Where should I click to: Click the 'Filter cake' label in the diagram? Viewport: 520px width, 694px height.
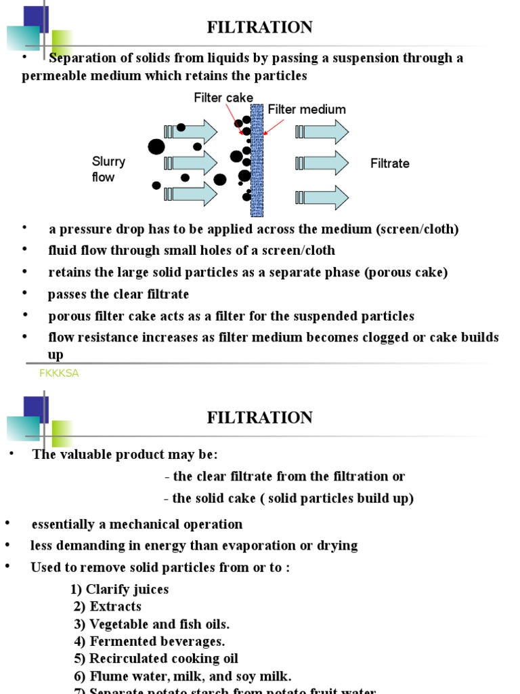click(x=223, y=98)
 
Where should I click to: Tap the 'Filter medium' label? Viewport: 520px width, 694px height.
click(x=307, y=110)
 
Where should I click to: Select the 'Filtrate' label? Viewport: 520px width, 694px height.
click(x=389, y=163)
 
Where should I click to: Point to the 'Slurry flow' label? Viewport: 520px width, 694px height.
click(x=108, y=169)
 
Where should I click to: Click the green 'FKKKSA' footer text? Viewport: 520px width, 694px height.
click(x=60, y=373)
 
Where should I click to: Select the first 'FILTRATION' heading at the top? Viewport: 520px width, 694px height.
click(x=259, y=28)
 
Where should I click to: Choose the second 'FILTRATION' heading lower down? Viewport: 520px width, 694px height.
click(x=259, y=418)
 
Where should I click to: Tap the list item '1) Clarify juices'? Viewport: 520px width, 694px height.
click(x=119, y=590)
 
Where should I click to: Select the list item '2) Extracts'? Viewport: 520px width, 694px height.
click(x=108, y=607)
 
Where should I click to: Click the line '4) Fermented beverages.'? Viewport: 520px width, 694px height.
click(x=149, y=641)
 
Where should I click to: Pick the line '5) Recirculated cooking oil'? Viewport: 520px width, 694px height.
click(x=156, y=659)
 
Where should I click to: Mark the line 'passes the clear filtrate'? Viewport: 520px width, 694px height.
click(x=118, y=294)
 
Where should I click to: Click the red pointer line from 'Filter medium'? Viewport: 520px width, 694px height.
click(x=274, y=127)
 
